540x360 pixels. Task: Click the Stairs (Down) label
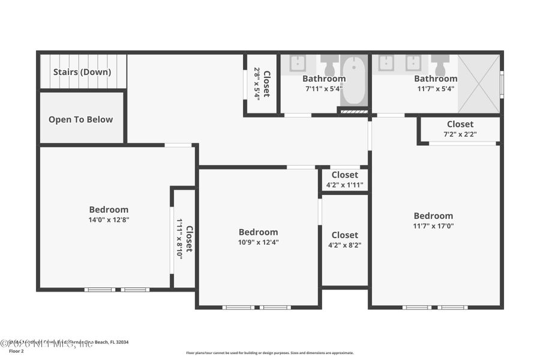(x=82, y=72)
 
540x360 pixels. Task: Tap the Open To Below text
(x=80, y=119)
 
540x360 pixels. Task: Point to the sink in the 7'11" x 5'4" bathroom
(x=298, y=63)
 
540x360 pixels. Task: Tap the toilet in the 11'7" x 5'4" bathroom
(x=440, y=64)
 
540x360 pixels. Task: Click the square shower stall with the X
(x=479, y=83)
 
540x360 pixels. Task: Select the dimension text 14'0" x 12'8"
(x=109, y=220)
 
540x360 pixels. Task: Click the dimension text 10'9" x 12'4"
(x=258, y=242)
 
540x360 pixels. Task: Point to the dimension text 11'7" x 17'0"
(x=433, y=226)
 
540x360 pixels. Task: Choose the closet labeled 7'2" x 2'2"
(x=460, y=129)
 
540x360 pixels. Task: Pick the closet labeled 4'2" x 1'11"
(x=344, y=180)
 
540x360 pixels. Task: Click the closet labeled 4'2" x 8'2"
(x=344, y=240)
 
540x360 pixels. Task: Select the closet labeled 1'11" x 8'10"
(x=184, y=238)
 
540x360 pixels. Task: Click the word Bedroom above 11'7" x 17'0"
(x=433, y=216)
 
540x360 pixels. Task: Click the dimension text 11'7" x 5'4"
(x=436, y=88)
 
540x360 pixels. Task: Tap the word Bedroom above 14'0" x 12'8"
(x=109, y=209)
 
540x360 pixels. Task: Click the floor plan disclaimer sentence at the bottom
(x=269, y=353)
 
